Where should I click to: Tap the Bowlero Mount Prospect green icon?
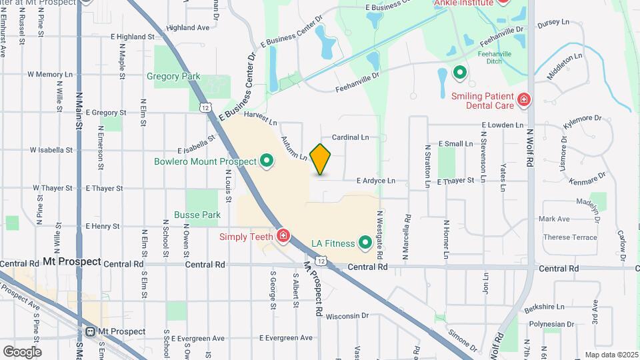tap(267, 161)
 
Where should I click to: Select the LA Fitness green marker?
tap(365, 242)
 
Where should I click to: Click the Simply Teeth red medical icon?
tap(283, 236)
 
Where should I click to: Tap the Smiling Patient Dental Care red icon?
tap(524, 100)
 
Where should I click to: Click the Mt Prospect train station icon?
tap(91, 331)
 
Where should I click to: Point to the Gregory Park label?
tap(173, 77)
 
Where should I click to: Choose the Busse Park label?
tap(197, 215)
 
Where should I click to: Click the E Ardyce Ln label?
tap(376, 180)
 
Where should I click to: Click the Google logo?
tap(21, 351)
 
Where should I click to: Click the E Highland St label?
tap(133, 37)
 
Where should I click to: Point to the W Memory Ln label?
tap(50, 75)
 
